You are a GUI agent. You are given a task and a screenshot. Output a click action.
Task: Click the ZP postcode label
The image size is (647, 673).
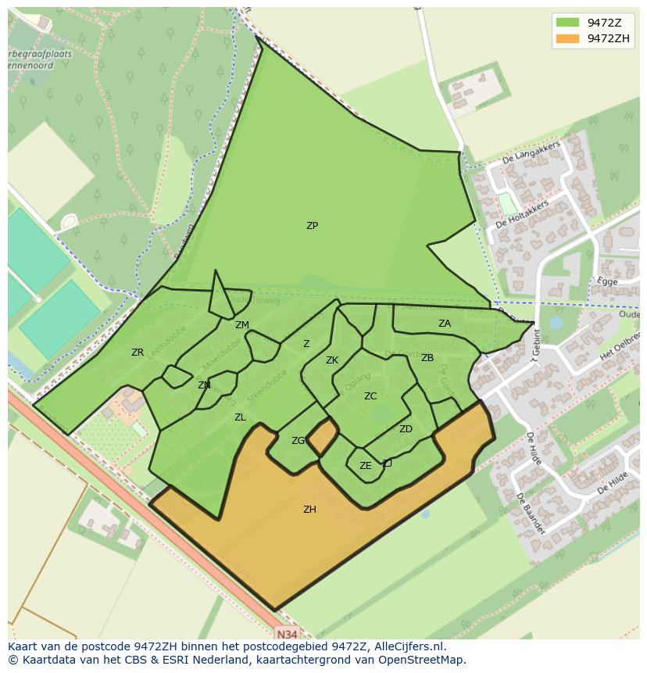312,226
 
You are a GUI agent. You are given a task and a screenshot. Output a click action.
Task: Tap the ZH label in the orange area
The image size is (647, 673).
309,510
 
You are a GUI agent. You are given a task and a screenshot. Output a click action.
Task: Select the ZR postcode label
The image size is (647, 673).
138,353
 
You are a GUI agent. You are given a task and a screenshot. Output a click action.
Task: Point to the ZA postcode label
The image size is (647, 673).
444,324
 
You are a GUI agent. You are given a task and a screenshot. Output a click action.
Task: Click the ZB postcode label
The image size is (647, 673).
427,358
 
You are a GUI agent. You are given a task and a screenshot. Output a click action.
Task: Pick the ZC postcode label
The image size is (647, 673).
370,396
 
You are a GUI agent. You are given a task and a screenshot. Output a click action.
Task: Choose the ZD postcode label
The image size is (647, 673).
406,429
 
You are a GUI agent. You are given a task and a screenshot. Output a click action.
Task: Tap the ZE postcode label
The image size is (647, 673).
365,466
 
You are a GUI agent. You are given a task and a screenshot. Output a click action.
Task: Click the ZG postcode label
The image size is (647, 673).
298,441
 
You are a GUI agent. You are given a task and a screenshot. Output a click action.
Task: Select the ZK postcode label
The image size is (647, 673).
332,360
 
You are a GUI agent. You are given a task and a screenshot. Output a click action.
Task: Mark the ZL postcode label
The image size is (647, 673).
240,417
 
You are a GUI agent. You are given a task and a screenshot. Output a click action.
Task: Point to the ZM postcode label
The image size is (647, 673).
242,325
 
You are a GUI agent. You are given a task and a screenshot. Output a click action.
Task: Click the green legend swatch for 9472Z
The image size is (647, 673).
568,23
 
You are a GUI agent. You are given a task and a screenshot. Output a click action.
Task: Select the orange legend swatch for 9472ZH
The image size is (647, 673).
568,38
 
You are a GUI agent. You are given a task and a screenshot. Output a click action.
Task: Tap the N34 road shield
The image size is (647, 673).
287,633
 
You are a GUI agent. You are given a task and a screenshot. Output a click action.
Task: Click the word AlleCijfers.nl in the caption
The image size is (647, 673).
409,646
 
